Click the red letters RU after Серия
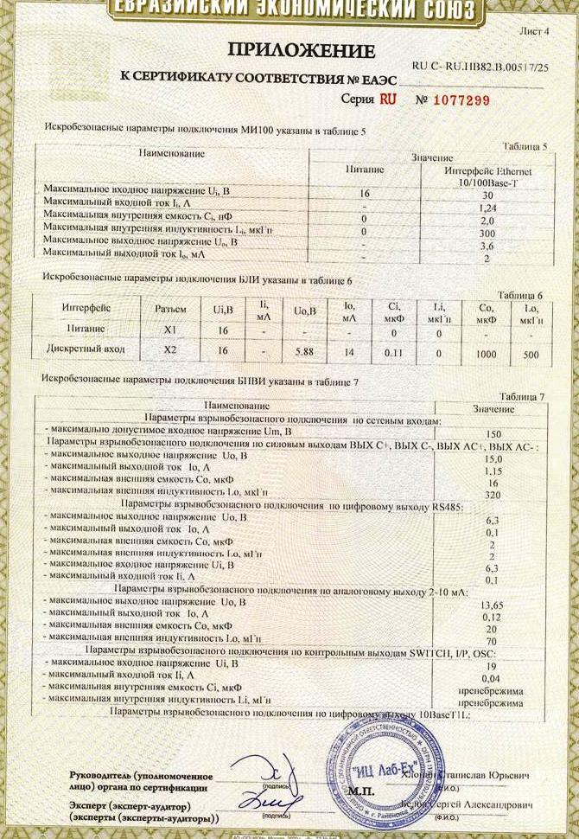tap(387, 99)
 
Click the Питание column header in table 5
tap(365, 171)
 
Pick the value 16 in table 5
tap(365, 194)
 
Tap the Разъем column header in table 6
tap(169, 308)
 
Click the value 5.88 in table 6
tap(303, 351)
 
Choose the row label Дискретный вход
tap(85, 349)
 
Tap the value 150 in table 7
tap(493, 434)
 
